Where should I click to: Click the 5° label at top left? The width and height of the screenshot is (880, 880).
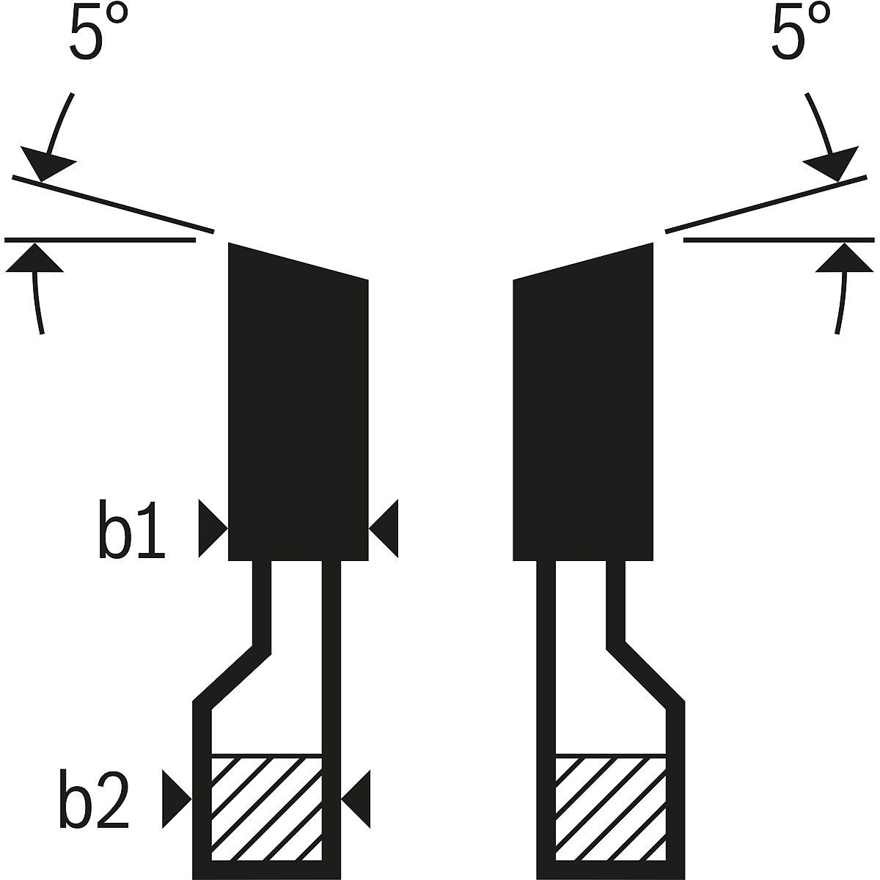[99, 32]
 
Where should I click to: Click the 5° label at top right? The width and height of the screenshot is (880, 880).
[801, 32]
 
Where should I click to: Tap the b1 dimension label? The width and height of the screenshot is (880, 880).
[131, 529]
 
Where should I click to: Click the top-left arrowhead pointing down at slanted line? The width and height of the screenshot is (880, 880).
[45, 164]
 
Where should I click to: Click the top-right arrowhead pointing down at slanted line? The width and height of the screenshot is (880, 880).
[833, 164]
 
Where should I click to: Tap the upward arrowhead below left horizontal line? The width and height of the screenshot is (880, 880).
[34, 258]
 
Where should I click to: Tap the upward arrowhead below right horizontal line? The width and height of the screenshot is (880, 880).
[845, 258]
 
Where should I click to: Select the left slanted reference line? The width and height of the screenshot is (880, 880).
[113, 204]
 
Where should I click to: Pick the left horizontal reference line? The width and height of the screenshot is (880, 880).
[100, 240]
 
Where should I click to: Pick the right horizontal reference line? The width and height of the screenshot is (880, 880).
[779, 240]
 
